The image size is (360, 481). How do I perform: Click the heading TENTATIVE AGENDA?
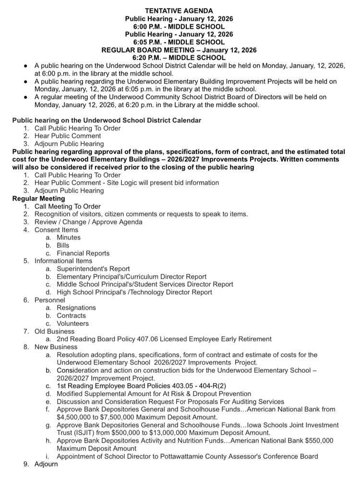(x=179, y=11)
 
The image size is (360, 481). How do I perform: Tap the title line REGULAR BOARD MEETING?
(x=179, y=50)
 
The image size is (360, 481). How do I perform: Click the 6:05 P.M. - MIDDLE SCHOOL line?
(x=179, y=42)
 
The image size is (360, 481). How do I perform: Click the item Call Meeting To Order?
(x=68, y=206)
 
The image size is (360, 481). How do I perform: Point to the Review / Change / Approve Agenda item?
(x=88, y=222)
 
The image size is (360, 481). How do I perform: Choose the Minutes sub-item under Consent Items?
(x=69, y=237)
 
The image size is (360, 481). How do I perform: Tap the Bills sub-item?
(x=63, y=245)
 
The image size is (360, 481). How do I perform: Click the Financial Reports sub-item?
(x=83, y=253)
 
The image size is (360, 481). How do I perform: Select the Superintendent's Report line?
(x=93, y=269)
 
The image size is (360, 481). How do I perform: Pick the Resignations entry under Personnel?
(x=76, y=308)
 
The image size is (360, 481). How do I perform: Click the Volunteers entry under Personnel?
(x=73, y=323)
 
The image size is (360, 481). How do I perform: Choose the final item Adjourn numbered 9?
(x=46, y=464)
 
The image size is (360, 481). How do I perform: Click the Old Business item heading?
(x=54, y=331)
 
